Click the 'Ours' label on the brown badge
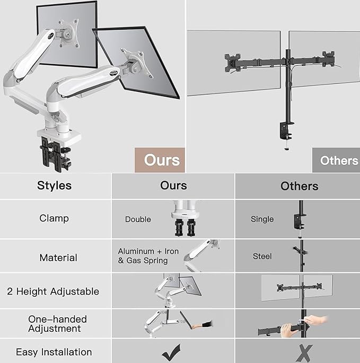click(162, 160)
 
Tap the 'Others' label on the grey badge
click(339, 160)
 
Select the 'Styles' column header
click(54, 186)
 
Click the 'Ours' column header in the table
click(173, 185)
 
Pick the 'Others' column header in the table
click(300, 186)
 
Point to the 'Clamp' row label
click(54, 218)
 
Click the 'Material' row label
click(58, 257)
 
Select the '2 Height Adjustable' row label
click(53, 291)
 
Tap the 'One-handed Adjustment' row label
click(57, 324)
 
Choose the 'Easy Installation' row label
click(54, 352)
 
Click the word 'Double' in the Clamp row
click(138, 219)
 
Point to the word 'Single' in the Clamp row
click(262, 219)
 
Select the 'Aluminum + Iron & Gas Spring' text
click(148, 256)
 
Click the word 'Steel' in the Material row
click(262, 256)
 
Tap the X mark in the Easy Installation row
click(303, 352)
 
